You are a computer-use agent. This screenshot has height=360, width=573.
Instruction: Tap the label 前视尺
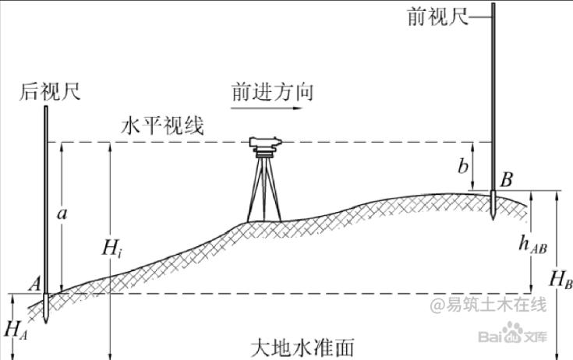(437, 16)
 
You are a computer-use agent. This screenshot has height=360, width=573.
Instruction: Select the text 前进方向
(272, 92)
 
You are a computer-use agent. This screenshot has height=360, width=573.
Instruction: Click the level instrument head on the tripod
(267, 144)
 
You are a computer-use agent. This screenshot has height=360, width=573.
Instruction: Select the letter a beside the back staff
(68, 212)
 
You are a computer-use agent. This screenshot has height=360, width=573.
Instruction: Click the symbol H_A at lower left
(16, 328)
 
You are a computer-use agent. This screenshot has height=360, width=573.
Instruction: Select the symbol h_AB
(532, 243)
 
